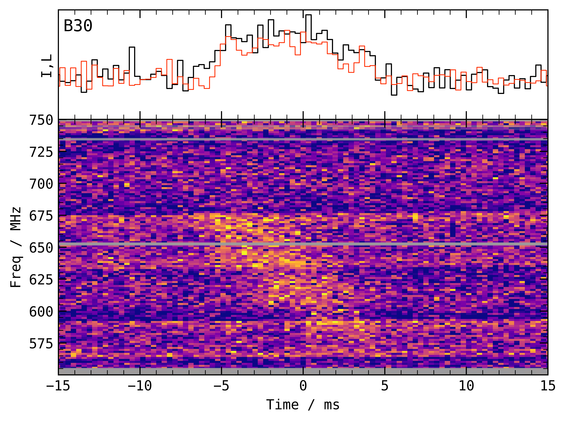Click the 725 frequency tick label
41,152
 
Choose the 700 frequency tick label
41,184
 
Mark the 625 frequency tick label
41,280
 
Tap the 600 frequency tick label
41,312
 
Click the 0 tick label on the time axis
303,386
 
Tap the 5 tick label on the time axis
385,386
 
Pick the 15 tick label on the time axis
548,386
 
